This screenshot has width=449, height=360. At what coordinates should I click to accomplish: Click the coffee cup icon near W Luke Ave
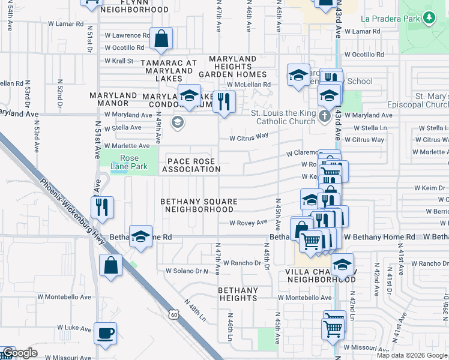pyautogui.click(x=106, y=334)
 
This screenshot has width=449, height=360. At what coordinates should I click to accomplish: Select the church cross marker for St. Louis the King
pyautogui.click(x=325, y=116)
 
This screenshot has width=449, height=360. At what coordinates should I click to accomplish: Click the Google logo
pyautogui.click(x=20, y=353)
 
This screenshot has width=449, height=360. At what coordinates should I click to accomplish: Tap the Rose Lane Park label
pyautogui.click(x=125, y=163)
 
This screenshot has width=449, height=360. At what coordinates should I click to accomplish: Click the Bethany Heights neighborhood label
pyautogui.click(x=238, y=294)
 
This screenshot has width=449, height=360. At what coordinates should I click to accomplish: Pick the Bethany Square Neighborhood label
pyautogui.click(x=199, y=206)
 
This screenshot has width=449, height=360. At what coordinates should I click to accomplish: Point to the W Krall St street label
pyautogui.click(x=119, y=61)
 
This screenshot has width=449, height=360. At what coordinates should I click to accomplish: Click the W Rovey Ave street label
pyautogui.click(x=249, y=223)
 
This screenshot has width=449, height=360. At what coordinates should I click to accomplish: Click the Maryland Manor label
pyautogui.click(x=113, y=100)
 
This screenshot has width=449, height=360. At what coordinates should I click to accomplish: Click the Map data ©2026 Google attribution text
pyautogui.click(x=411, y=355)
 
